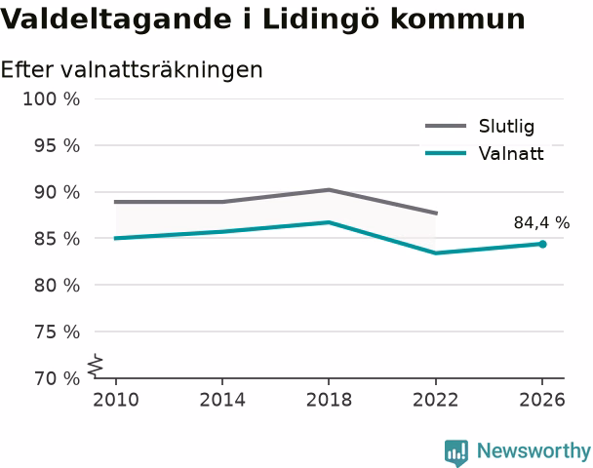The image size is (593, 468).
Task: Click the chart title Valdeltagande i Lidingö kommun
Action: [262, 19]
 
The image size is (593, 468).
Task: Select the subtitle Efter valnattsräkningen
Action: [132, 70]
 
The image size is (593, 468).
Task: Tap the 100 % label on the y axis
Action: [52, 99]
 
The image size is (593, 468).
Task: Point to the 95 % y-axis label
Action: [58, 145]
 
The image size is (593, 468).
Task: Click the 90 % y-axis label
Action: [58, 192]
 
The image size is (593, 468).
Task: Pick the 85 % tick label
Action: [58, 239]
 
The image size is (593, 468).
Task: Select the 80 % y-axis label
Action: [58, 286]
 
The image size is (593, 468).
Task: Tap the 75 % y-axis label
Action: [58, 332]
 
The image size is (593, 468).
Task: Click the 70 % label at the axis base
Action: [58, 378]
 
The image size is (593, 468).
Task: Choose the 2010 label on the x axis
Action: [116, 400]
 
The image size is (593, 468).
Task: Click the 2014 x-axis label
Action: [222, 400]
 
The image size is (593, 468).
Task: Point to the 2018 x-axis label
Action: [329, 400]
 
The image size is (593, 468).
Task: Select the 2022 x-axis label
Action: [436, 400]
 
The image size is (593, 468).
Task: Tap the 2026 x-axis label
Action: [542, 400]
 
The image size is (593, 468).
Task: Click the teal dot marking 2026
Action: [542, 244]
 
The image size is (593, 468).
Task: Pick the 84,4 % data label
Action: [541, 223]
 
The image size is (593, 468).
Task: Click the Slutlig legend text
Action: [507, 126]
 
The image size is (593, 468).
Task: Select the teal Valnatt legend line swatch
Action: [446, 153]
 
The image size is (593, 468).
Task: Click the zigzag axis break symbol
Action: [96, 366]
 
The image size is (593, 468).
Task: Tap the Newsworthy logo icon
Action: [456, 452]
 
